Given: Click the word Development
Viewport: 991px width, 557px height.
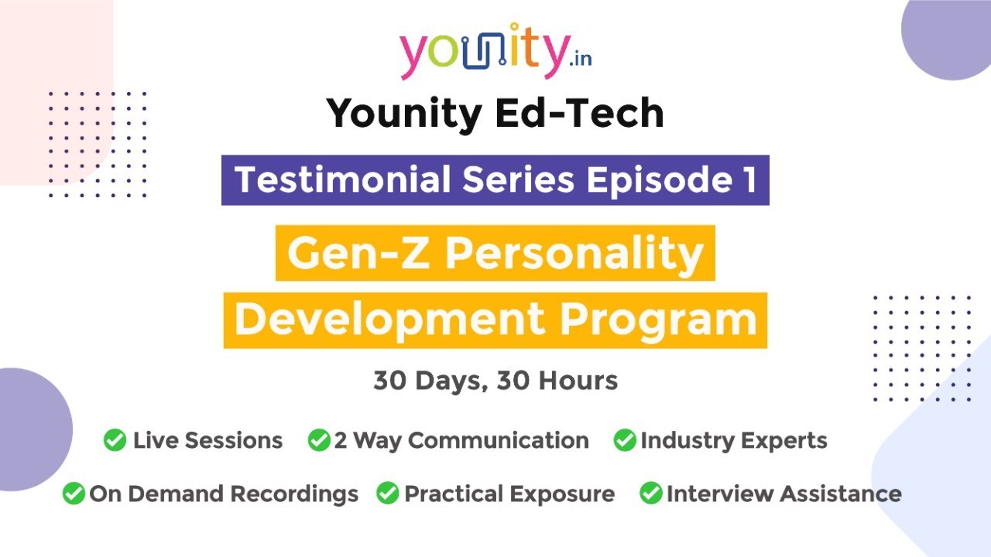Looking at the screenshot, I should (x=391, y=320).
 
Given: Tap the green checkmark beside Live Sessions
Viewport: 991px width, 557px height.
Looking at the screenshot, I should (x=115, y=440).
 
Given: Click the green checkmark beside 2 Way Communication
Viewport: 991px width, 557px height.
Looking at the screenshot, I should (x=319, y=440).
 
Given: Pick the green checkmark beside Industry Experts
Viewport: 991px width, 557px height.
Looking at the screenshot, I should (x=625, y=440).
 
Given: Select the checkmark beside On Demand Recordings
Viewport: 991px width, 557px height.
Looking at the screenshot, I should (x=74, y=494).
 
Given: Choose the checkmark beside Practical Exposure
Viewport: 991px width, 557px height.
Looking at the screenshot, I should (x=388, y=494).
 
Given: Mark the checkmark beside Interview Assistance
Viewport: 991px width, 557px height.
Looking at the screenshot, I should (x=651, y=494).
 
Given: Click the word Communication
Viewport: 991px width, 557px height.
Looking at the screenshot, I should (x=499, y=440).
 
